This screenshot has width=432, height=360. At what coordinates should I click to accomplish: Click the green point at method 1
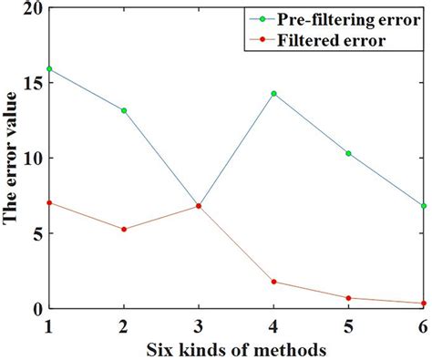[49, 68]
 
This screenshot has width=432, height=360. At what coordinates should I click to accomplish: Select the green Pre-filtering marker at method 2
[124, 110]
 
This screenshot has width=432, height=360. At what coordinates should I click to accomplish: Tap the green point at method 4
[273, 93]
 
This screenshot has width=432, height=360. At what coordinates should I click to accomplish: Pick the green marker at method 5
[348, 153]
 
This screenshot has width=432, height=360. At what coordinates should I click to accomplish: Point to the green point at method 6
[423, 206]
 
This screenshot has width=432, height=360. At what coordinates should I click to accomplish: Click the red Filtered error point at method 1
[49, 202]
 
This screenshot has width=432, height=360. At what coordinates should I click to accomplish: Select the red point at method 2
[124, 229]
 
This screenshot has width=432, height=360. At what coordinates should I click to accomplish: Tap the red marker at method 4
[273, 282]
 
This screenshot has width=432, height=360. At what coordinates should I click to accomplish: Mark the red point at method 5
[348, 298]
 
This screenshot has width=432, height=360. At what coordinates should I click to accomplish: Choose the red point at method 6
[423, 303]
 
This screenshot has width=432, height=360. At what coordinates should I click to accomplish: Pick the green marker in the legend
[262, 18]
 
